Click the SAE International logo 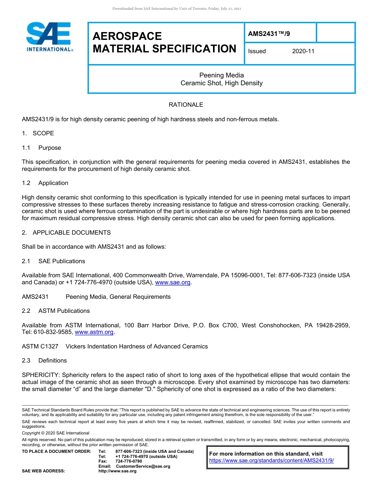point(49,37)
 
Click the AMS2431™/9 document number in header point(269,34)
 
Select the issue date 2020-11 point(303,51)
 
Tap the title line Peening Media point(222,75)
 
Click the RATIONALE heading point(186,105)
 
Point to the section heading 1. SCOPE point(38,133)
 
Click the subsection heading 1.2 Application point(45,183)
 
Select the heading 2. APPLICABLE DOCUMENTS point(66,233)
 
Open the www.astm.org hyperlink point(94,332)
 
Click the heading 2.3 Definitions point(45,361)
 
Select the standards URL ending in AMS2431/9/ point(271,461)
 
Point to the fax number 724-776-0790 point(129,461)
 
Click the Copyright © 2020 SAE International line point(56,433)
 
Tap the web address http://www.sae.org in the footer point(117,471)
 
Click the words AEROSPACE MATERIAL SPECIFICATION point(164,42)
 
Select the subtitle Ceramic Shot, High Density point(222,83)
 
